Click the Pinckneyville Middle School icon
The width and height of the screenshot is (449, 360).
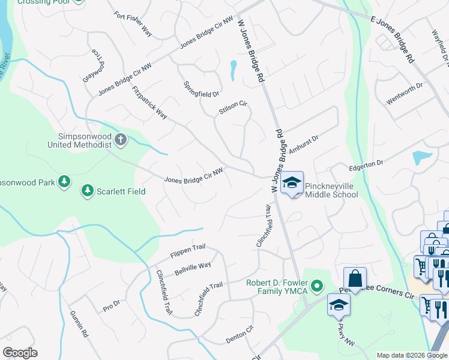point(292,184)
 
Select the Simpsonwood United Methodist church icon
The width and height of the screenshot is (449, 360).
point(121,140)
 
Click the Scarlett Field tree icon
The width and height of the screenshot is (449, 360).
point(88,191)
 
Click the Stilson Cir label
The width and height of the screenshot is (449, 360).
point(233,107)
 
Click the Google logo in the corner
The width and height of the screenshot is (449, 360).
point(20,353)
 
